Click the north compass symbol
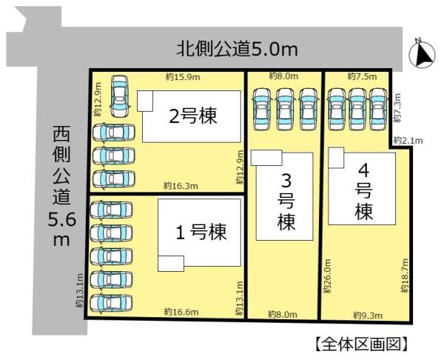pyautogui.click(x=423, y=53)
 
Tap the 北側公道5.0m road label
pyautogui.click(x=238, y=49)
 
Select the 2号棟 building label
pyautogui.click(x=193, y=116)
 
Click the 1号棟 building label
pyautogui.click(x=201, y=232)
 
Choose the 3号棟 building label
pyautogui.click(x=286, y=202)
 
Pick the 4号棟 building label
pyautogui.click(x=364, y=192)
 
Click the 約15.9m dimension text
pyautogui.click(x=183, y=77)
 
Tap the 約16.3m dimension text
pyautogui.click(x=181, y=186)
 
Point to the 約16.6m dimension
pyautogui.click(x=181, y=312)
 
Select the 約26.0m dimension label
pyautogui.click(x=327, y=276)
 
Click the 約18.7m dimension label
pyautogui.click(x=405, y=276)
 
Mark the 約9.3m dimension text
pyautogui.click(x=368, y=316)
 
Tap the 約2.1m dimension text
pyautogui.click(x=408, y=140)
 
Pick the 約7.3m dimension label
pyautogui.click(x=397, y=108)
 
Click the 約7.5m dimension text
pyautogui.click(x=362, y=76)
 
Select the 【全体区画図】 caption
pyautogui.click(x=362, y=344)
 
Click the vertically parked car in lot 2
pyautogui.click(x=119, y=96)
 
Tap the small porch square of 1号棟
pyautogui.click(x=171, y=264)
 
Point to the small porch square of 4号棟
pyautogui.click(x=336, y=158)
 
